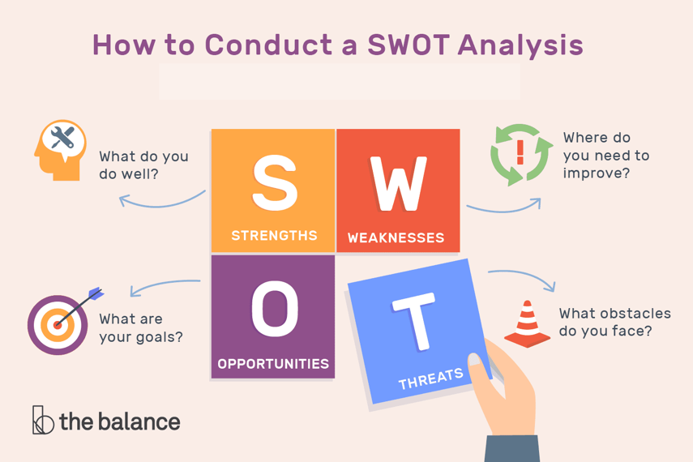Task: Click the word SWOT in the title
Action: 409,45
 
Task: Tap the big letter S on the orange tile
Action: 275,182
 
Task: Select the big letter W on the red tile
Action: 399,183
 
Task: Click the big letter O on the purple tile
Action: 275,308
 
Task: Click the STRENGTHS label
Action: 275,236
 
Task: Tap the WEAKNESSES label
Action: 396,237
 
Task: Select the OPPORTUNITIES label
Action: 273,364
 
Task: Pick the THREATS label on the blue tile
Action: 431,379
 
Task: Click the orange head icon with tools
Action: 61,150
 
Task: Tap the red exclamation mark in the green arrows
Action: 520,152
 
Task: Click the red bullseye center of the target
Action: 57,325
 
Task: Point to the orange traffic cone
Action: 528,324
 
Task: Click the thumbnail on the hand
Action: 475,359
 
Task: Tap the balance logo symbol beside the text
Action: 43,420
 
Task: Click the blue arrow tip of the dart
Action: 96,293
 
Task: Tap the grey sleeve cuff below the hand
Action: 511,449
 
